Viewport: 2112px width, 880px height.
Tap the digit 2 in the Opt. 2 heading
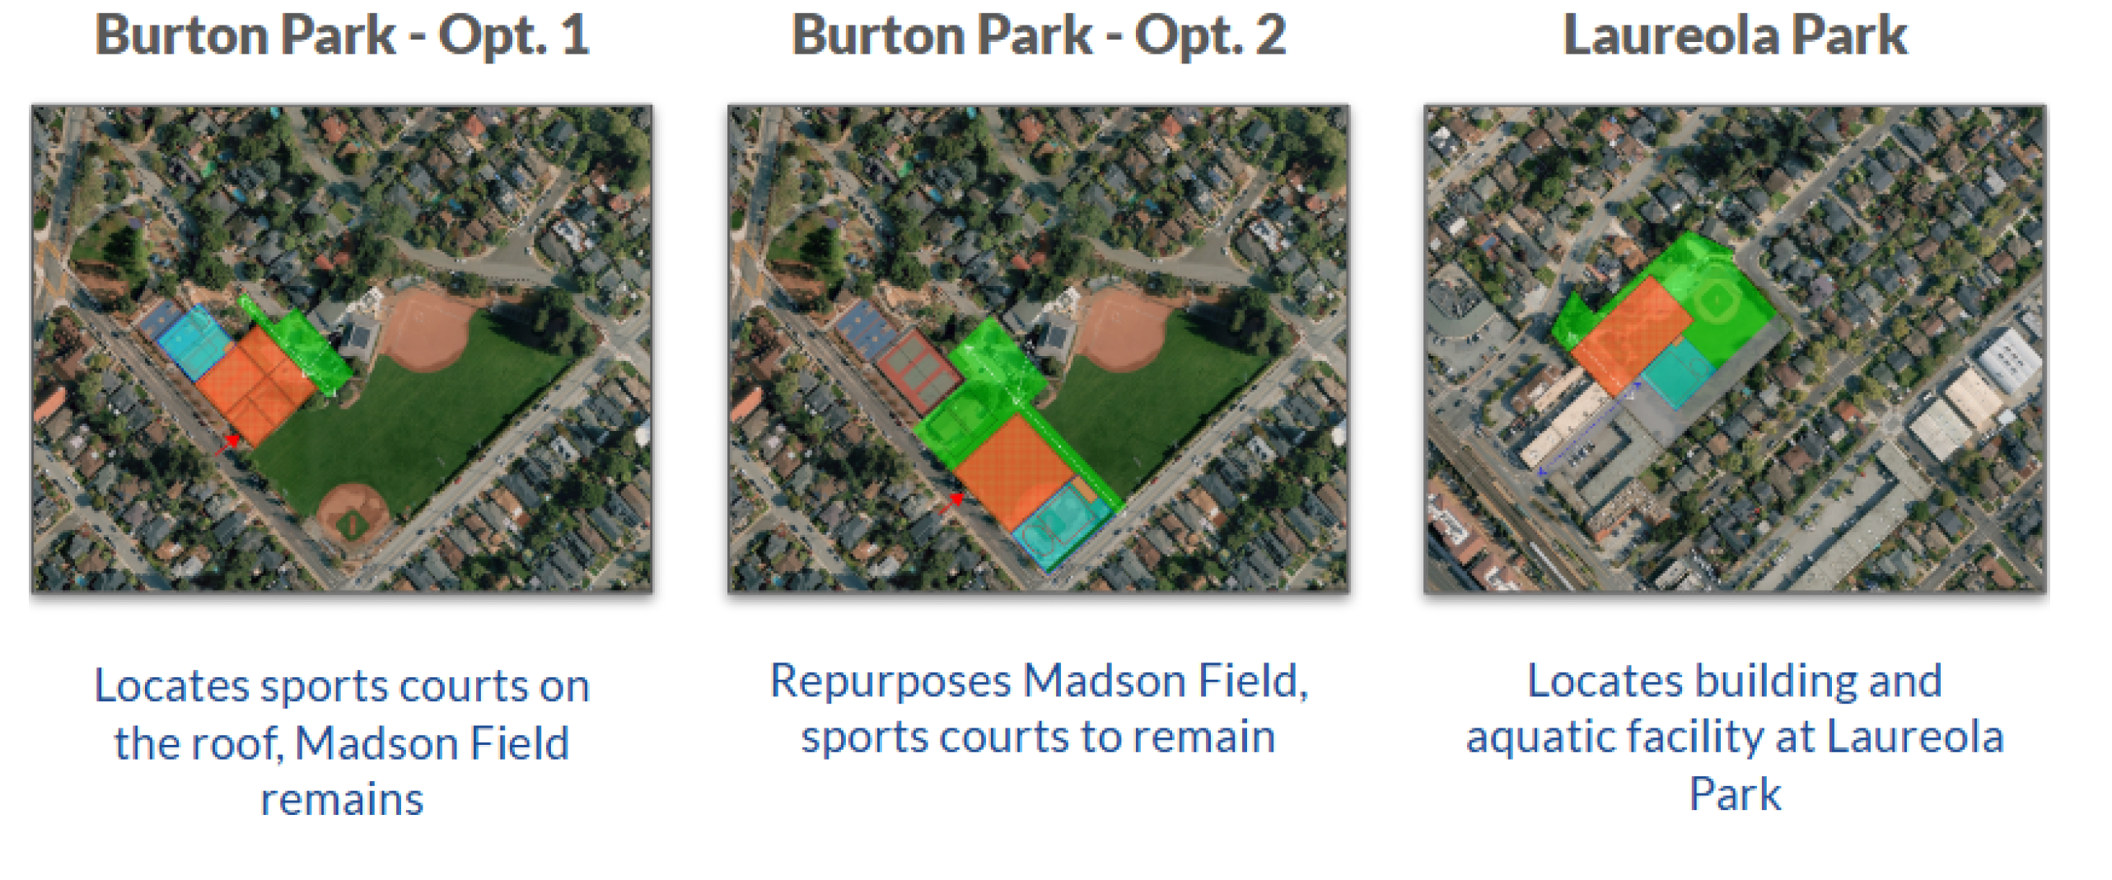pyautogui.click(x=1269, y=35)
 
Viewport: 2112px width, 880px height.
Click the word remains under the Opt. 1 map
pyautogui.click(x=342, y=799)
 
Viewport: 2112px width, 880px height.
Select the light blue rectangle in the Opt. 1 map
pyautogui.click(x=194, y=341)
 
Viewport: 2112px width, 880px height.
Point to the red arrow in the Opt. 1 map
pyautogui.click(x=227, y=445)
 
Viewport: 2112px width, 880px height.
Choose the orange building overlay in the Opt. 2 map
pyautogui.click(x=1014, y=471)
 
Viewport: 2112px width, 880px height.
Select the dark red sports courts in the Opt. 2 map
pyautogui.click(x=918, y=372)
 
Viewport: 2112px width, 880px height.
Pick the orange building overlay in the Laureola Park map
pyautogui.click(x=1631, y=335)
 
